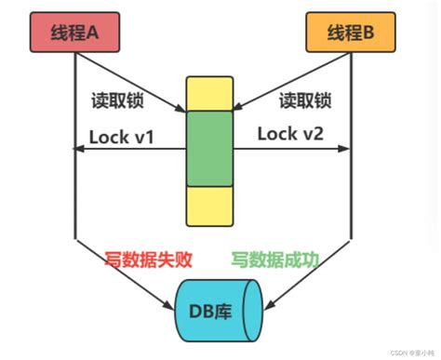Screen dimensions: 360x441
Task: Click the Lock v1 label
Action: (121, 138)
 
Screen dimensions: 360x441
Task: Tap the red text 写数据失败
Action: (148, 260)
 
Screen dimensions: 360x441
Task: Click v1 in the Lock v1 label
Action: (141, 138)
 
